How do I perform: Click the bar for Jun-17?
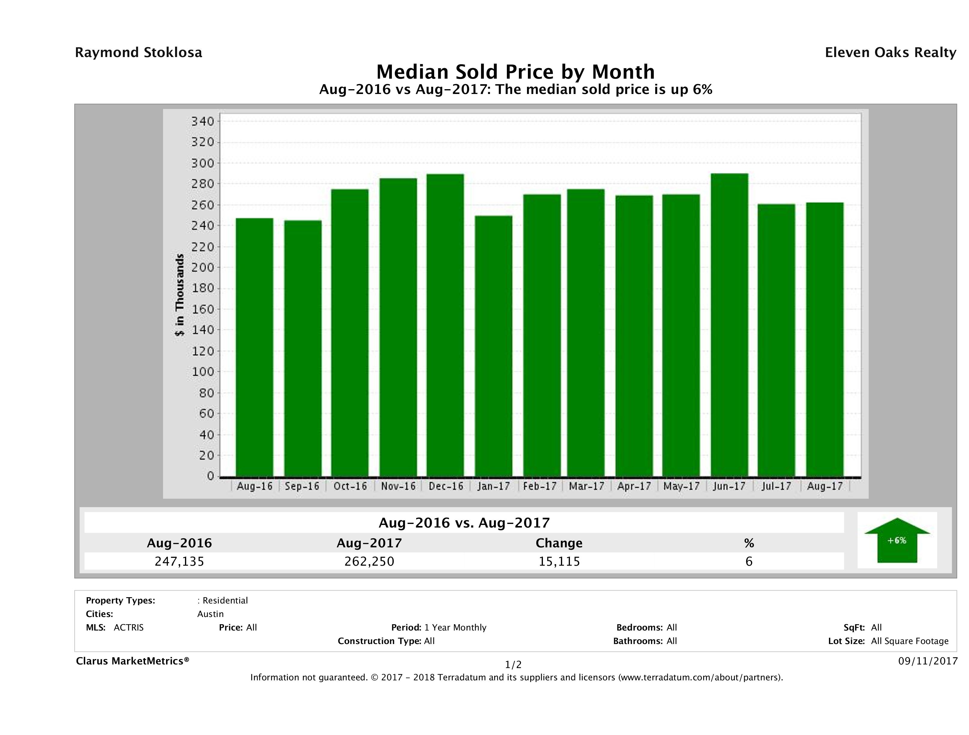[729, 325]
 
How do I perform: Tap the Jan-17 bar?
[493, 346]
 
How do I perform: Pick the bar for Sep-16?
[303, 348]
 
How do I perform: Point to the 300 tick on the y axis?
[203, 163]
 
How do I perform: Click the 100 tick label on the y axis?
[203, 372]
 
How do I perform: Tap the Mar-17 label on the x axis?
[586, 486]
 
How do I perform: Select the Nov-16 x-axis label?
[398, 486]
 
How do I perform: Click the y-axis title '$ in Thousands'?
[180, 295]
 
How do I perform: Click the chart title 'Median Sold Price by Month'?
[516, 72]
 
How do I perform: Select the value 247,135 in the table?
[180, 561]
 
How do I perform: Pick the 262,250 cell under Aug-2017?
[369, 561]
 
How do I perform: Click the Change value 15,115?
[559, 561]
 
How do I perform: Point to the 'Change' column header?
[559, 543]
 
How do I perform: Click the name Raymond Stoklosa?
[138, 53]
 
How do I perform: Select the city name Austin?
[210, 614]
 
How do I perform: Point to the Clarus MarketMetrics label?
[132, 661]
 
